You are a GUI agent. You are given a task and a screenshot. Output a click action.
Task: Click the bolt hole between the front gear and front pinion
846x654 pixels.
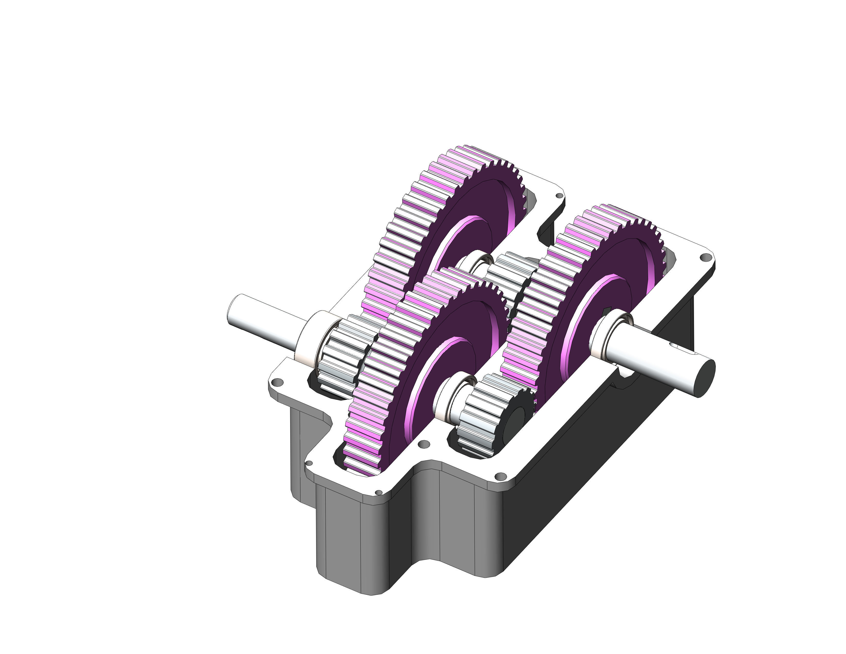tap(424, 444)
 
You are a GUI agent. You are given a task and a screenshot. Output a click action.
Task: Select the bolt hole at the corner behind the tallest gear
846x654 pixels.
tap(559, 196)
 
